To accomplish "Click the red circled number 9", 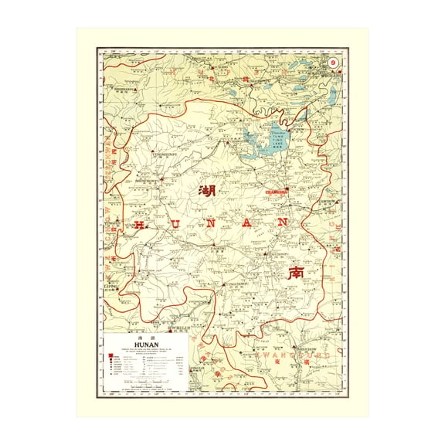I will point(332,63).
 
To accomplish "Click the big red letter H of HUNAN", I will point(139,225).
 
